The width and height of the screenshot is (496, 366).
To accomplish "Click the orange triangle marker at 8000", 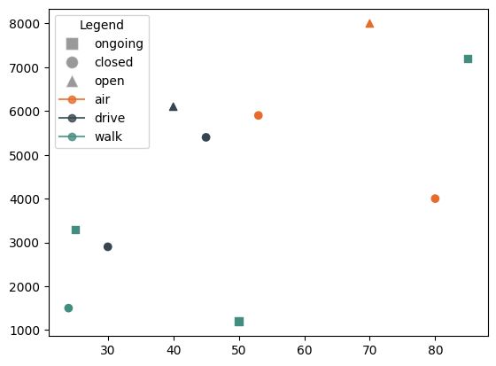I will (369, 23).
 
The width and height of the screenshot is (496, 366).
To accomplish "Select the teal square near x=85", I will (468, 58).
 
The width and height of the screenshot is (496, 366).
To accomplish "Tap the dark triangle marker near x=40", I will (173, 106).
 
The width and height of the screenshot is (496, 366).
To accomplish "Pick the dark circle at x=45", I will (205, 137).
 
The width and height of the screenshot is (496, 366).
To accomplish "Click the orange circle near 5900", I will (258, 115).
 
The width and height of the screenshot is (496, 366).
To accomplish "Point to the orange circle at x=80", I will (435, 199).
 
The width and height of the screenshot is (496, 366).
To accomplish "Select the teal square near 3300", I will (75, 230).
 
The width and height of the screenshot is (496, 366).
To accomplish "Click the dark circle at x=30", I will (107, 247).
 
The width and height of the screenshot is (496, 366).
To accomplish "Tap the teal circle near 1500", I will (68, 308).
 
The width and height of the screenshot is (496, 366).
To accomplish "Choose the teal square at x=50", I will (238, 322).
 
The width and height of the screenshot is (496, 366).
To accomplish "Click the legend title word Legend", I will (101, 25).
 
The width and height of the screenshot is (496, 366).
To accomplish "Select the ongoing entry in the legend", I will (119, 43).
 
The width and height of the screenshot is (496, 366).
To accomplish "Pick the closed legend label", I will (113, 62).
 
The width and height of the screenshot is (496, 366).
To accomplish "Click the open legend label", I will (110, 81).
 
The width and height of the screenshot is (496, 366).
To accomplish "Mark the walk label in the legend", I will (108, 136).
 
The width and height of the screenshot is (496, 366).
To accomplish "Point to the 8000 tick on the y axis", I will (29, 24).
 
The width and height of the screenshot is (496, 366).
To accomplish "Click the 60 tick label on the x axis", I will (304, 349).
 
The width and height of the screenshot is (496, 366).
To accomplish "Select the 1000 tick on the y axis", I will (29, 331).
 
